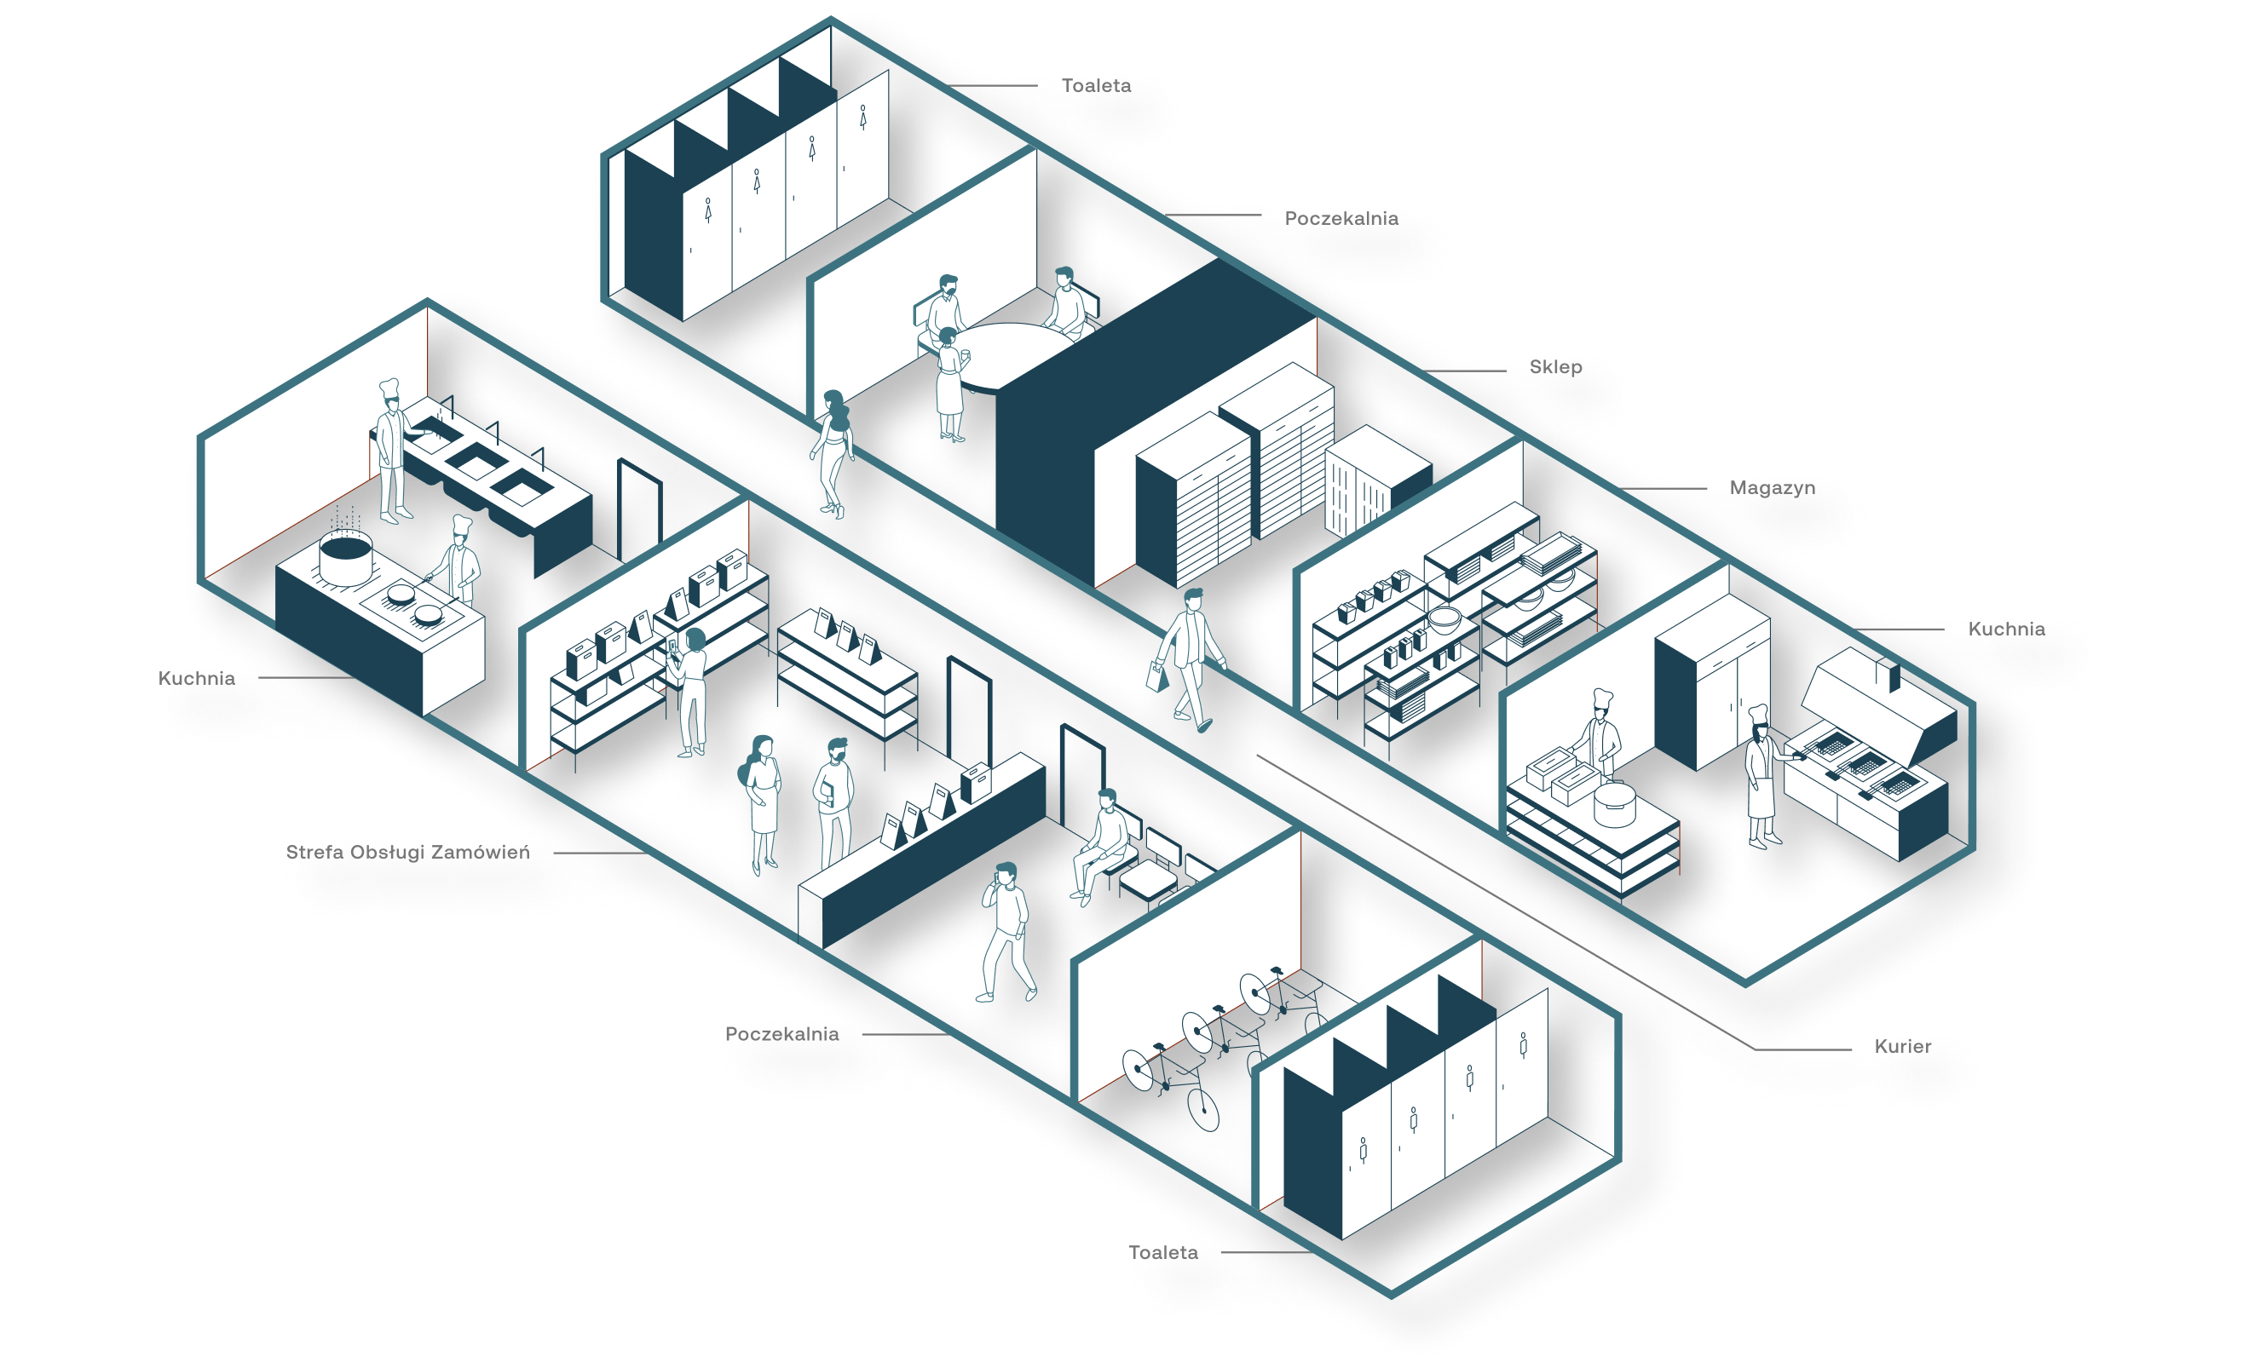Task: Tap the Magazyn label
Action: (x=1772, y=488)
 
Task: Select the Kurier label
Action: (x=1901, y=1047)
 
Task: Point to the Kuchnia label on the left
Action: (x=196, y=678)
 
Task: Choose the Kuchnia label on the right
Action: (x=2005, y=629)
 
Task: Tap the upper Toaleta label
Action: (x=1096, y=85)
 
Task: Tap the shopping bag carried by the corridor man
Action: (x=1157, y=676)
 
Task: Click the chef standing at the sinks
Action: (x=392, y=451)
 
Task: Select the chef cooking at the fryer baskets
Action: (x=1763, y=776)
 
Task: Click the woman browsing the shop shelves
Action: (x=691, y=692)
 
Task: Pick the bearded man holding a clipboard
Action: (x=832, y=801)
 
